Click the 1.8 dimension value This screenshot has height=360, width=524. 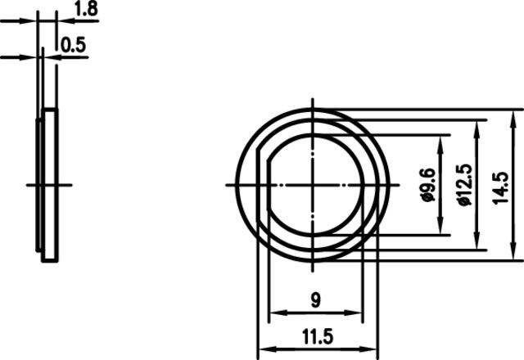(x=87, y=9)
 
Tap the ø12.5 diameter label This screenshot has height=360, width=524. (x=463, y=184)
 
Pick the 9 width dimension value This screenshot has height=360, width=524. (x=316, y=300)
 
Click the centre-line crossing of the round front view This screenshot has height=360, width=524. (x=314, y=184)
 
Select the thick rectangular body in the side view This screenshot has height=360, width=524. (x=50, y=184)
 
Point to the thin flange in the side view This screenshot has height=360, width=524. (x=38, y=184)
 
